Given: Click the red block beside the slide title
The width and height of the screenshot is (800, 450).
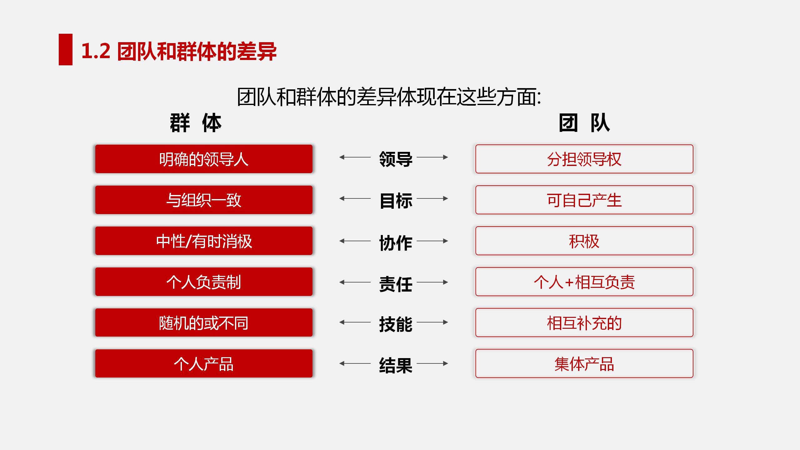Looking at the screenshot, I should (66, 49).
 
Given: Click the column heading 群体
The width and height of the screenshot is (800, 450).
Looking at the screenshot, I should (196, 123).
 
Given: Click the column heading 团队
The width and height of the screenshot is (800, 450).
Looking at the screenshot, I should (584, 123).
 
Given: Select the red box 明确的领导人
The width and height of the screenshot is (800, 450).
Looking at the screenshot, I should (204, 159).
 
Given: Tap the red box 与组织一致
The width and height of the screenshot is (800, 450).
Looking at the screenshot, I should (204, 200).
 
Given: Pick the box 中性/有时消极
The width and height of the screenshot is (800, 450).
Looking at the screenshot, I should (204, 241).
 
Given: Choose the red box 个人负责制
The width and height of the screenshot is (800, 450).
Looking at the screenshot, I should (204, 282).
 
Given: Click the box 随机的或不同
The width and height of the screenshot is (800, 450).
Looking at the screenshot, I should (204, 322).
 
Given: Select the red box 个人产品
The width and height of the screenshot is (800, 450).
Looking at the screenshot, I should (204, 363).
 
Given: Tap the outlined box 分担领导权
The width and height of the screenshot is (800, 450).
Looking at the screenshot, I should (584, 159).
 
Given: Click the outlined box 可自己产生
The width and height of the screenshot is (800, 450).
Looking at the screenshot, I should (584, 200).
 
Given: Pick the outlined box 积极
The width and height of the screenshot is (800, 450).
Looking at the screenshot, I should (584, 241).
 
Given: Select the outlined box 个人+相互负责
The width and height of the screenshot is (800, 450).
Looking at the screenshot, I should (584, 282).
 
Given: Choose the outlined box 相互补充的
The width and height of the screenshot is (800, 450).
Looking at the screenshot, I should (584, 322).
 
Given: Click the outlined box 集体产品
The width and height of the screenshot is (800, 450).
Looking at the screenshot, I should (584, 363).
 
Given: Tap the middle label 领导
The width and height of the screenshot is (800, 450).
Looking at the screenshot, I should (396, 159).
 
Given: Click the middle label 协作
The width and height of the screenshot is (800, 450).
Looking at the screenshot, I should (396, 243).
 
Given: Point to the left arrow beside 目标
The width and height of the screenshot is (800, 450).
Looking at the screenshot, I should (355, 198).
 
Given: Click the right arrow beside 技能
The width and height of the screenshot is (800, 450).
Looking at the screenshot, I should (432, 322).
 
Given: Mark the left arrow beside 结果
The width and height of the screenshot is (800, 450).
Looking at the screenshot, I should (355, 363).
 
